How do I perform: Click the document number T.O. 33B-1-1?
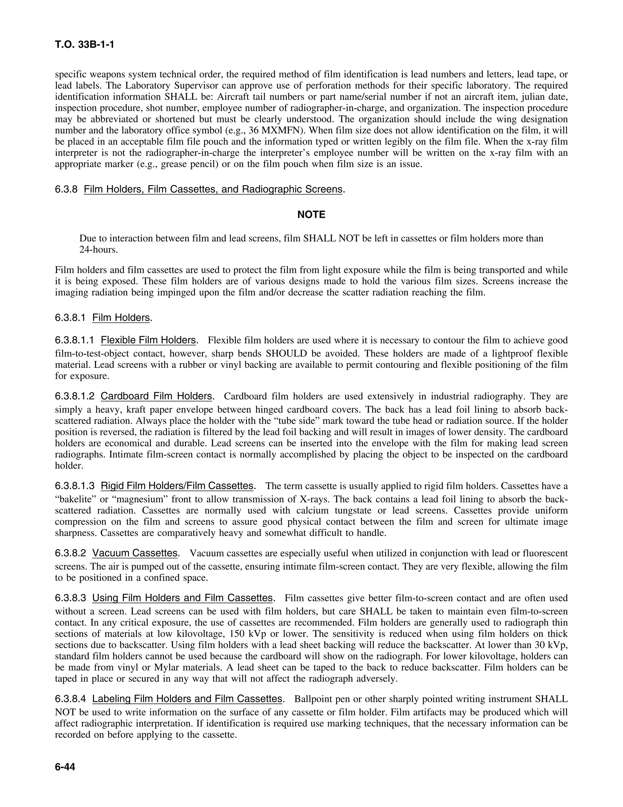click(x=85, y=45)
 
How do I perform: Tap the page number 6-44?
click(x=65, y=767)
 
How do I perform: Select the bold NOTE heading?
click(x=311, y=215)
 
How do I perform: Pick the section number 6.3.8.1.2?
click(x=75, y=396)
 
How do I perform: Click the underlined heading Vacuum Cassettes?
click(x=135, y=553)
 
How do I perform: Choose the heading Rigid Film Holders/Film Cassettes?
click(x=177, y=485)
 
